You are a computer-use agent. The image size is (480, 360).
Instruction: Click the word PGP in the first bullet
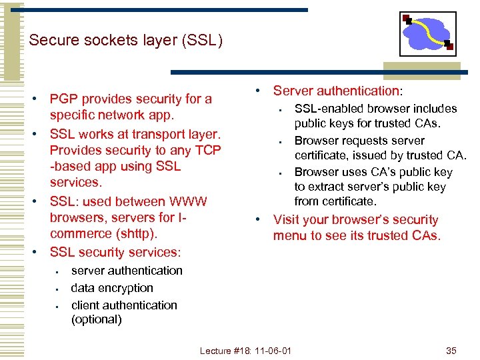65,99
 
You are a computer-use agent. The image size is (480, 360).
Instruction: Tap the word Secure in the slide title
53,41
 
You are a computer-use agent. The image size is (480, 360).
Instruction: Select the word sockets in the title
106,41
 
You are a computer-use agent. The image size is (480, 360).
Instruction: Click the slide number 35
451,350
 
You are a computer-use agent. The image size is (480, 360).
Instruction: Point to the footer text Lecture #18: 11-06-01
246,350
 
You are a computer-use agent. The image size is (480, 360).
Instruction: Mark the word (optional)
97,319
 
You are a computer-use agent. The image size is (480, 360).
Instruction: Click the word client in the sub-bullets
87,305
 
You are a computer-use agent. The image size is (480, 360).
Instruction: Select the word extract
329,187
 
